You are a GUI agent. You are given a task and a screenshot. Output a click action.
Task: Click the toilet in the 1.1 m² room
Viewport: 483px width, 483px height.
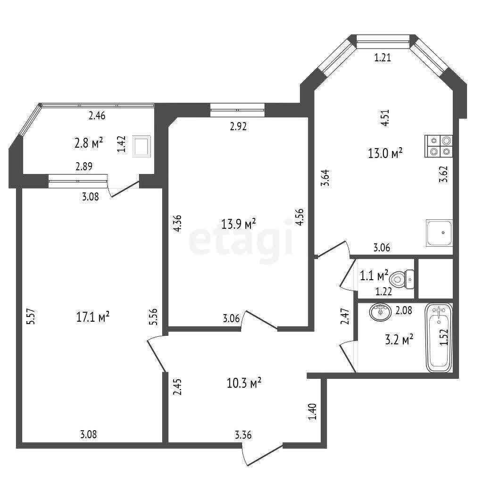[402, 279]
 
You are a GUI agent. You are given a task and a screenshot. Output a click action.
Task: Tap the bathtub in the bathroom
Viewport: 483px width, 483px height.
[439, 338]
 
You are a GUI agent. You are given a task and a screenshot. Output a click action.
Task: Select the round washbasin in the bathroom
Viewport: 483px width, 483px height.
[381, 312]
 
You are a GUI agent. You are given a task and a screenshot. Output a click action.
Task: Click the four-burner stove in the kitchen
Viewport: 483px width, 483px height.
[439, 146]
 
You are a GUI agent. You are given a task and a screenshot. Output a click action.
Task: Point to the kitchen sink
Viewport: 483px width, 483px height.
[439, 233]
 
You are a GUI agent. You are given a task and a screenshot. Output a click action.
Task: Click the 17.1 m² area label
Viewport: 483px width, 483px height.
[93, 317]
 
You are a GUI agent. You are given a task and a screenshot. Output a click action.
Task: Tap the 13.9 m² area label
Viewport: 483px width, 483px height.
[239, 224]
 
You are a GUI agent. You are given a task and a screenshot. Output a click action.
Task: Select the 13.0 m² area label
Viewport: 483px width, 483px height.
[385, 153]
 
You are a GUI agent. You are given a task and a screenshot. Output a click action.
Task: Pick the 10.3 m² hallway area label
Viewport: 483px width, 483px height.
[244, 383]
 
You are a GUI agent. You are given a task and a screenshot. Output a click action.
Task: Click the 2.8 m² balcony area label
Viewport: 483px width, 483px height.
[89, 143]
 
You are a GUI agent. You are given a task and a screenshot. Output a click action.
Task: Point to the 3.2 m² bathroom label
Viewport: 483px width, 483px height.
[399, 341]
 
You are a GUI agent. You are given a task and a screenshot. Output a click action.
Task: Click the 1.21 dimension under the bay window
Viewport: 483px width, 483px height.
[383, 58]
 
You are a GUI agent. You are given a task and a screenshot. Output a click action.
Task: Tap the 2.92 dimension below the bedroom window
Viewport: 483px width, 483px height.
[238, 126]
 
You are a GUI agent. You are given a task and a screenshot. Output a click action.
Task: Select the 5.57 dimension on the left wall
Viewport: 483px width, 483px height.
[32, 316]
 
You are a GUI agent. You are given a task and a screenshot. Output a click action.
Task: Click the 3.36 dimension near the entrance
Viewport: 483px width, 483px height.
[243, 435]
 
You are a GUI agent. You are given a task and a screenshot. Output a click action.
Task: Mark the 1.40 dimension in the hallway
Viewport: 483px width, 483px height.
[312, 412]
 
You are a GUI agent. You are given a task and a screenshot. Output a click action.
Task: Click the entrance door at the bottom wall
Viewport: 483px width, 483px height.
[262, 454]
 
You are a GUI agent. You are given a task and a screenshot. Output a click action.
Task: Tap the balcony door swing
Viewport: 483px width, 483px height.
[124, 189]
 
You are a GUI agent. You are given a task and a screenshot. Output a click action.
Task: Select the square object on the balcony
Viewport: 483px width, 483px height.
[142, 146]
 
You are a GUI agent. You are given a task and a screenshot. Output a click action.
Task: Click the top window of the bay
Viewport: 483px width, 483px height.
[383, 41]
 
